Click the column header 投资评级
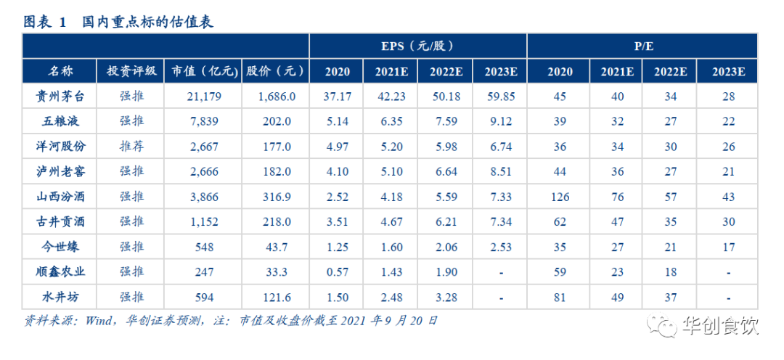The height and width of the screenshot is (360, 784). click(131, 71)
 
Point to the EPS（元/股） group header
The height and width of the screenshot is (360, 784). click(417, 46)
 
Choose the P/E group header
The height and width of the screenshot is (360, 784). click(642, 46)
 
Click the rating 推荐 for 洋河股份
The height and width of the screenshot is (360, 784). click(131, 146)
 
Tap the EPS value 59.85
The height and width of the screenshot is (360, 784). click(500, 96)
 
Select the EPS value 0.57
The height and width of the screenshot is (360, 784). click(338, 272)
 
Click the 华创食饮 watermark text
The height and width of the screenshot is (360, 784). click(720, 327)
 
